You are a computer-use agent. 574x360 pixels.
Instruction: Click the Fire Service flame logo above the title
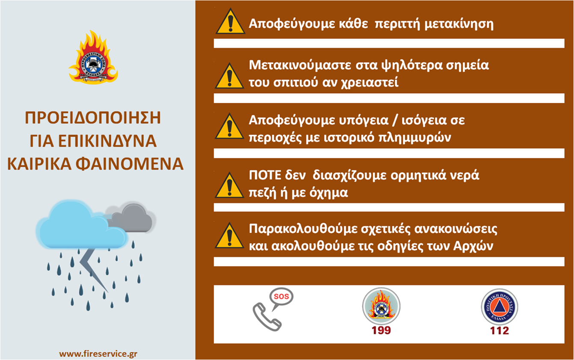coord(93,58)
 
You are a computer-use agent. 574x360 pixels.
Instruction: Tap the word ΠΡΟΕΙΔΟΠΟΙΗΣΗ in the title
coord(93,118)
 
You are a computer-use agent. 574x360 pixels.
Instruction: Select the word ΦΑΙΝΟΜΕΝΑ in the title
coord(130,164)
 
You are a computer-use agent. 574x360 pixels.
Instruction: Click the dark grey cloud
coord(133,218)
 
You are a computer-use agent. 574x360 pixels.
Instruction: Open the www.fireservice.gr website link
coord(98,354)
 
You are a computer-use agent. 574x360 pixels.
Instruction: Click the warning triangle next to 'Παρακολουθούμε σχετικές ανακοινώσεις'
coord(229,236)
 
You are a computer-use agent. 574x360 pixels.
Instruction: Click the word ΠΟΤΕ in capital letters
coord(265,176)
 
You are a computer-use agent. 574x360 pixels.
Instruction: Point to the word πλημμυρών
coord(415,138)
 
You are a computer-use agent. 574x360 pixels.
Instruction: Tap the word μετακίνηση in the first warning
coord(459,24)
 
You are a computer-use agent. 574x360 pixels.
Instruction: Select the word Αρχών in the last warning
coord(473,247)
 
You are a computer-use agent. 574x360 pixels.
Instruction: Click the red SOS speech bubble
coord(281,297)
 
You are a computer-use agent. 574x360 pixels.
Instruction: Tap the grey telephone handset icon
coord(267,317)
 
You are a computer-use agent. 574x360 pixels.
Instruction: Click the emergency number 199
coord(381,330)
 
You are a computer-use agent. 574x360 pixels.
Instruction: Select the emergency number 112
coord(500,331)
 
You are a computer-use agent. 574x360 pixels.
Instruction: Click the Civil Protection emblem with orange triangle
coord(500,307)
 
